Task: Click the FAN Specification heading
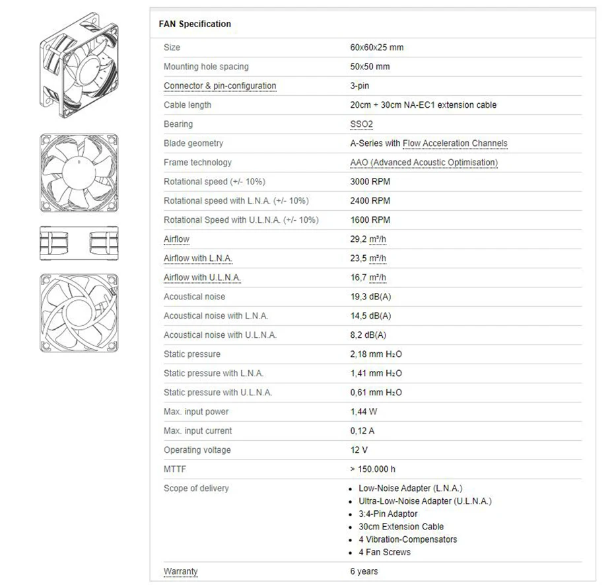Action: point(195,24)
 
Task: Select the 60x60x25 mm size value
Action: point(376,48)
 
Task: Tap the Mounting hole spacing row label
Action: point(206,67)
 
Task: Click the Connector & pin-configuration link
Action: point(220,86)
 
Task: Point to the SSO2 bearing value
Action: point(361,124)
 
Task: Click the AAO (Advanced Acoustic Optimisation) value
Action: point(423,163)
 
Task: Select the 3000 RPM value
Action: point(370,182)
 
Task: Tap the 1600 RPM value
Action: point(370,220)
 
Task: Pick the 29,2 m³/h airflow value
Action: point(368,239)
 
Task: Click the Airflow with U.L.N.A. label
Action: point(202,278)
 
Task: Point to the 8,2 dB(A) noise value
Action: point(368,335)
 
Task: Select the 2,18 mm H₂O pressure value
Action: point(376,354)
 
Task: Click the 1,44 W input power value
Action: point(363,412)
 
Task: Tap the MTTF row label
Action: point(174,469)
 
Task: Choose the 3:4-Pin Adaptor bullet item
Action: point(388,514)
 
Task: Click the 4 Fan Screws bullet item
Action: point(384,552)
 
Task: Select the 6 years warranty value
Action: point(364,571)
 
